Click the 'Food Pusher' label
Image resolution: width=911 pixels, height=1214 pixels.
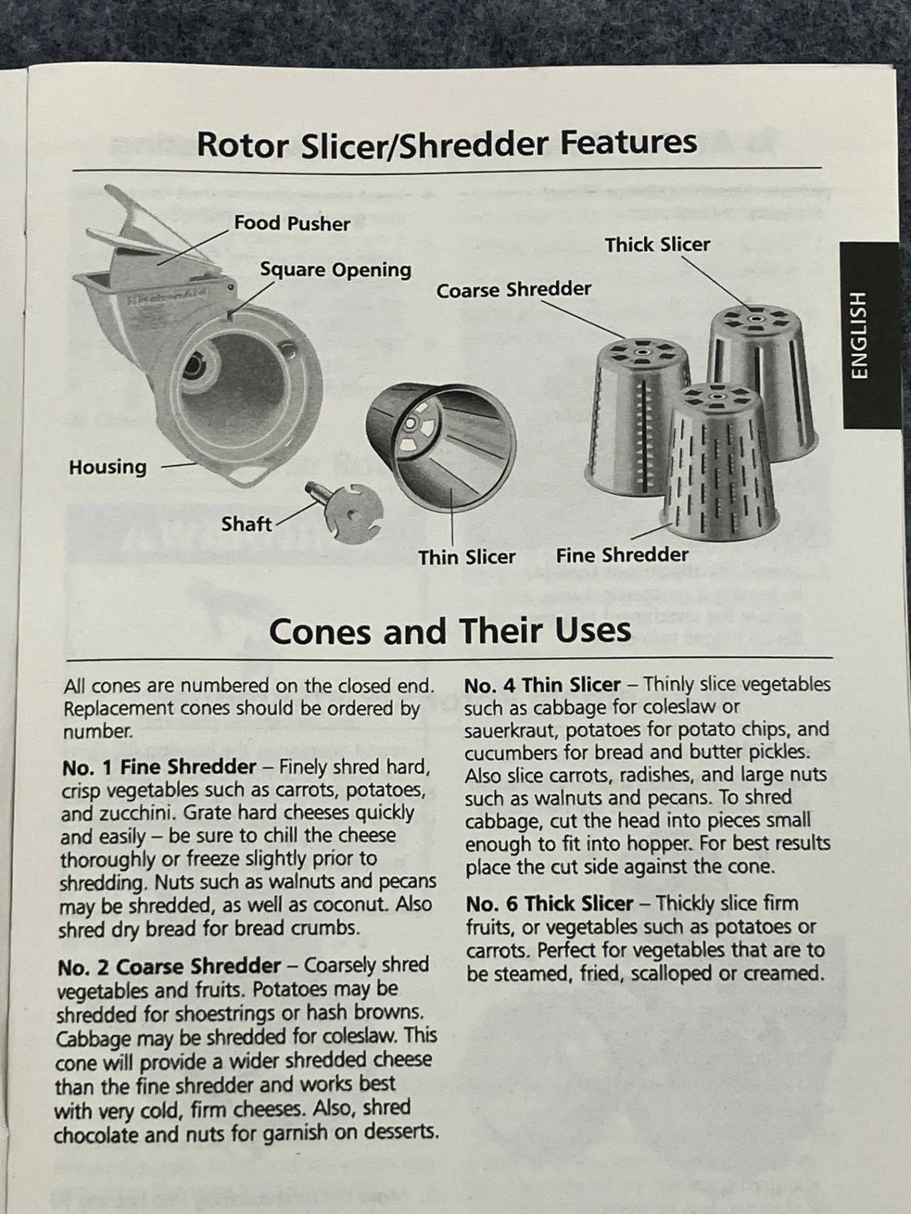[292, 224]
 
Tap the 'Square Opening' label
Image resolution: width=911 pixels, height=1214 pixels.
[335, 270]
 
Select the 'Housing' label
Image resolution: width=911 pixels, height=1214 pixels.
[107, 467]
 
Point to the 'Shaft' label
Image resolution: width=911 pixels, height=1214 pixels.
[246, 524]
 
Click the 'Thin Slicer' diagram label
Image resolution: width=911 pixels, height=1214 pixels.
[467, 557]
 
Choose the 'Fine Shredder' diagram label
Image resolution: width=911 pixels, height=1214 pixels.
[622, 555]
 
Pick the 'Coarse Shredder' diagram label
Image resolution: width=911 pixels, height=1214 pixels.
[513, 290]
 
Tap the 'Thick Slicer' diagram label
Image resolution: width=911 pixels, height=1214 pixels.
[657, 245]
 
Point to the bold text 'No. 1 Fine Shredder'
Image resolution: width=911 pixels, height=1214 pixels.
[158, 767]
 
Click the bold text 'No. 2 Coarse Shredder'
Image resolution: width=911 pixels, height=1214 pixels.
[169, 966]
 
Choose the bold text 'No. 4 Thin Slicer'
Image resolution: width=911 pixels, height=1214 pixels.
[542, 685]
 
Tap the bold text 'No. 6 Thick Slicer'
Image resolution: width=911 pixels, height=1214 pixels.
[549, 904]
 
